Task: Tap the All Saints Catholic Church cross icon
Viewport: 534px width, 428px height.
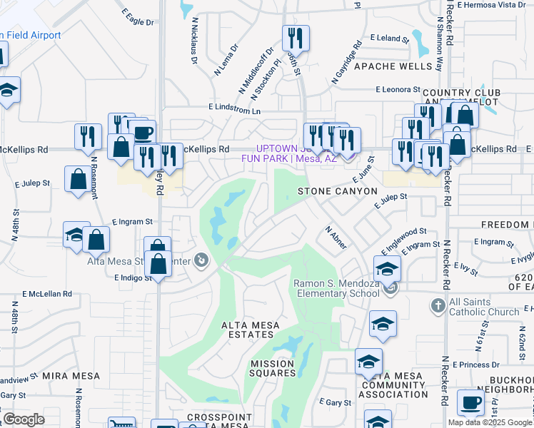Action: pyautogui.click(x=438, y=305)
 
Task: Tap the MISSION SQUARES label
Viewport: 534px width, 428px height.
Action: pyautogui.click(x=273, y=368)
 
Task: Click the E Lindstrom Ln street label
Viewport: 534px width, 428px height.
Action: pyautogui.click(x=235, y=107)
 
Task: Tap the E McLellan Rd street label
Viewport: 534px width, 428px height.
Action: pyautogui.click(x=47, y=293)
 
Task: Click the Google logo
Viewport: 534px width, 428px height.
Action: pyautogui.click(x=24, y=419)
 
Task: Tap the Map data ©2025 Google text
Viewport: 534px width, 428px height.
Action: pyautogui.click(x=489, y=422)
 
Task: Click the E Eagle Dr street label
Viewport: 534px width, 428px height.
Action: pyautogui.click(x=137, y=19)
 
